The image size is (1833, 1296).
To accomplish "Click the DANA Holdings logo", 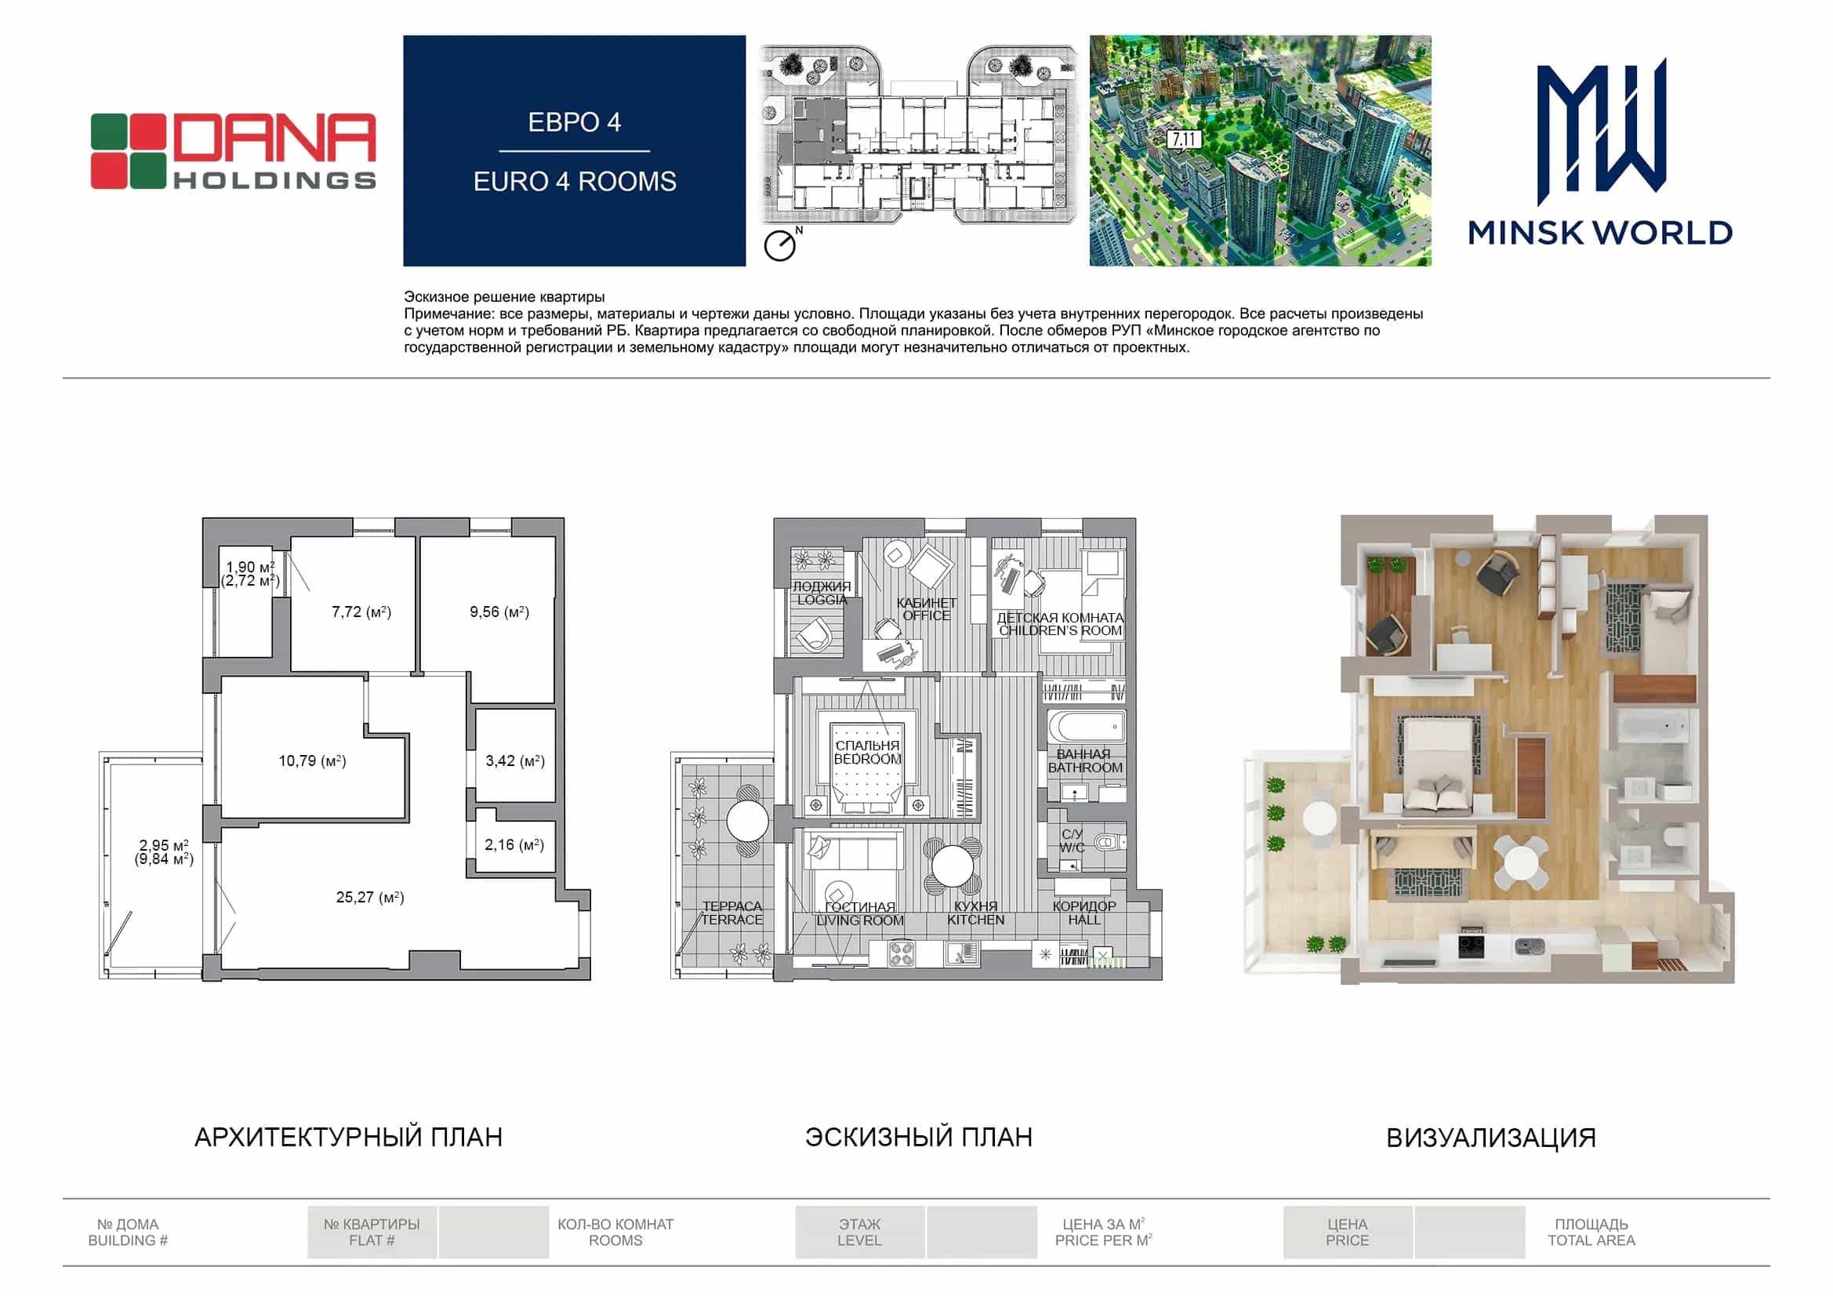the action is coord(233,151).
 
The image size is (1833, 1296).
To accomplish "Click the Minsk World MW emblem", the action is coord(1601,131).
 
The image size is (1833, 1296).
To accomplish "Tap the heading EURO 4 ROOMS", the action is coord(575,181).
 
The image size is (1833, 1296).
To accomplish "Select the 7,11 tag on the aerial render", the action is coord(1184,140).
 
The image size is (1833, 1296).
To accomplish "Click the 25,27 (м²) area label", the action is coord(369,898).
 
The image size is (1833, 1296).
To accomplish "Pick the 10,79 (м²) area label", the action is coord(312,761).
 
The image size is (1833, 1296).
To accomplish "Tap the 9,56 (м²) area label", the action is coord(499,612).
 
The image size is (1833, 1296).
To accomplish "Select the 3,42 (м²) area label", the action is coord(515,761).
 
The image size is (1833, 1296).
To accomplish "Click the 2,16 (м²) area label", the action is coord(514,844).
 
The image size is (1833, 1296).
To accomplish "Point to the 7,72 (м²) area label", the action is coord(361,612).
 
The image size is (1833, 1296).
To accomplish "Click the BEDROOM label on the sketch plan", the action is coord(868,759).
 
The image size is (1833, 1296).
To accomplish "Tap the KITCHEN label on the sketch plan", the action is coord(975,920).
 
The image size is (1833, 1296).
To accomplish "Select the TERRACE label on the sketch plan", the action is coord(732,920).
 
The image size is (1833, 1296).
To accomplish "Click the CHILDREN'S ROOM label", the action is coord(1060,630).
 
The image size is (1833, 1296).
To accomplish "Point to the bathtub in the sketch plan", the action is coord(1086,728).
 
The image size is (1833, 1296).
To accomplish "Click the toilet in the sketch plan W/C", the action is coord(1107,841).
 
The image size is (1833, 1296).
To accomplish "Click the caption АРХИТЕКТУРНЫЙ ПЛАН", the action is coord(349,1137).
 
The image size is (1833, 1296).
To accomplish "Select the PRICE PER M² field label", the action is coord(1103,1240).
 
